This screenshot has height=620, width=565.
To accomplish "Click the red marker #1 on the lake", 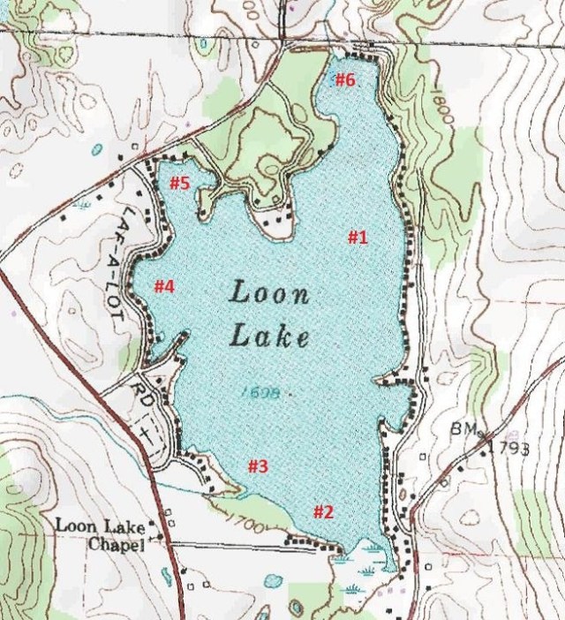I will [x=357, y=237].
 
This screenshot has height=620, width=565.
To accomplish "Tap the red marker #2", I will [x=323, y=511].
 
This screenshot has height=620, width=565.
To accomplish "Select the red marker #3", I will [x=256, y=466].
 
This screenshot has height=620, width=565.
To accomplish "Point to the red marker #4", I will [x=164, y=286].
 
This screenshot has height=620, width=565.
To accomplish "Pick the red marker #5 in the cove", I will [x=180, y=183].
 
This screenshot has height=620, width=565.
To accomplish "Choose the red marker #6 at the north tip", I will [x=344, y=80].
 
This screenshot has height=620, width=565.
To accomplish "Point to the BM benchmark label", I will [x=462, y=428].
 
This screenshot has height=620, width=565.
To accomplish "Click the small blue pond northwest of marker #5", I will [x=95, y=148].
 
